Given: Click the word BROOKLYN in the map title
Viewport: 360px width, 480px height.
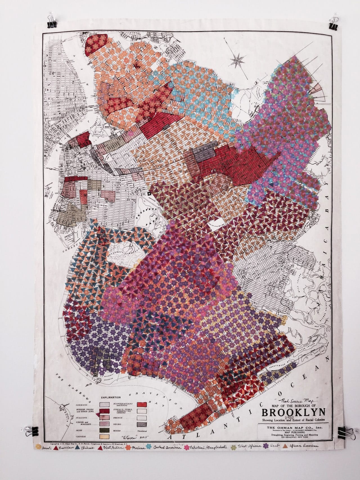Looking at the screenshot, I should coord(294,412).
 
